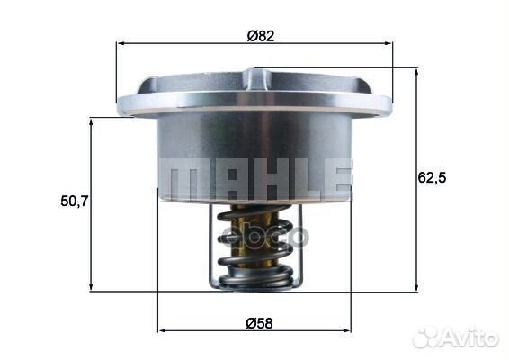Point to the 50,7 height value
pyautogui.click(x=74, y=202)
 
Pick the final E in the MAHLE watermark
pyautogui.click(x=334, y=179)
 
